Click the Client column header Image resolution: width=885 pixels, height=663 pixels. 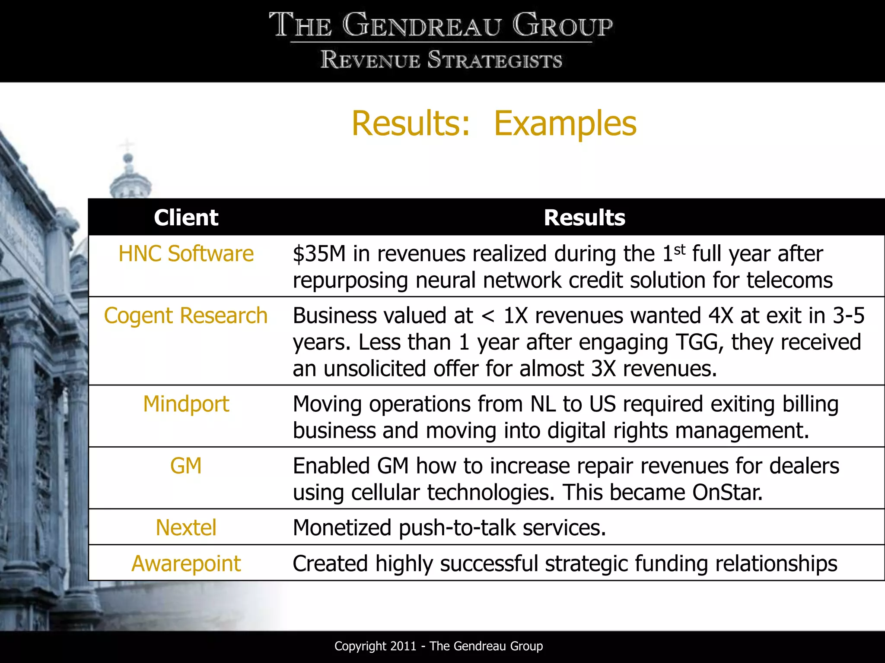186,218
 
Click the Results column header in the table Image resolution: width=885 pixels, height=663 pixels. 584,218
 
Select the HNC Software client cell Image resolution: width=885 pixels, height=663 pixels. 186,254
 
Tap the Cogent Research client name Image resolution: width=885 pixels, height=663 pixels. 186,316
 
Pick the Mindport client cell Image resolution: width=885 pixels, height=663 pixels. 186,404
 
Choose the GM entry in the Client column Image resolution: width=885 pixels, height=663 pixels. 186,466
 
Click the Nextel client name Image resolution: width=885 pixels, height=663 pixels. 186,528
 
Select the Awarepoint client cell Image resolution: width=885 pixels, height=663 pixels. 186,564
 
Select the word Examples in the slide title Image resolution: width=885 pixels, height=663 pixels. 565,124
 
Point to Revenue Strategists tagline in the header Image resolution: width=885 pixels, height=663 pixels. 441,60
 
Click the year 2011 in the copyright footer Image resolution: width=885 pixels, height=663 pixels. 403,646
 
